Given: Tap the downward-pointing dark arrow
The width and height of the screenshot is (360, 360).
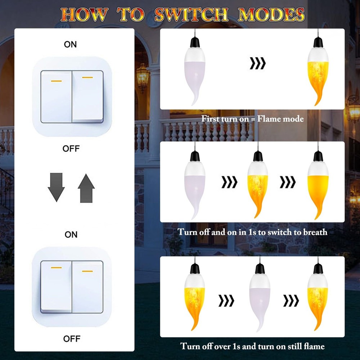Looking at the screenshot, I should point(56,187).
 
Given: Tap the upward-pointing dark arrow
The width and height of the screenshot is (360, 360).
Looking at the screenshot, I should point(86,187).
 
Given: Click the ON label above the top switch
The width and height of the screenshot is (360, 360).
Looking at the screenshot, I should point(71,44).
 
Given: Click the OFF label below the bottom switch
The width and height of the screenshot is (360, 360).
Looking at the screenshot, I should point(71,339).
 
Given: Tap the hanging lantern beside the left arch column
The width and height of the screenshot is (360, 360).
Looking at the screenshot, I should point(143,76).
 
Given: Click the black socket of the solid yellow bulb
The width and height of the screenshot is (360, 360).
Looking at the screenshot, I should point(318,156).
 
